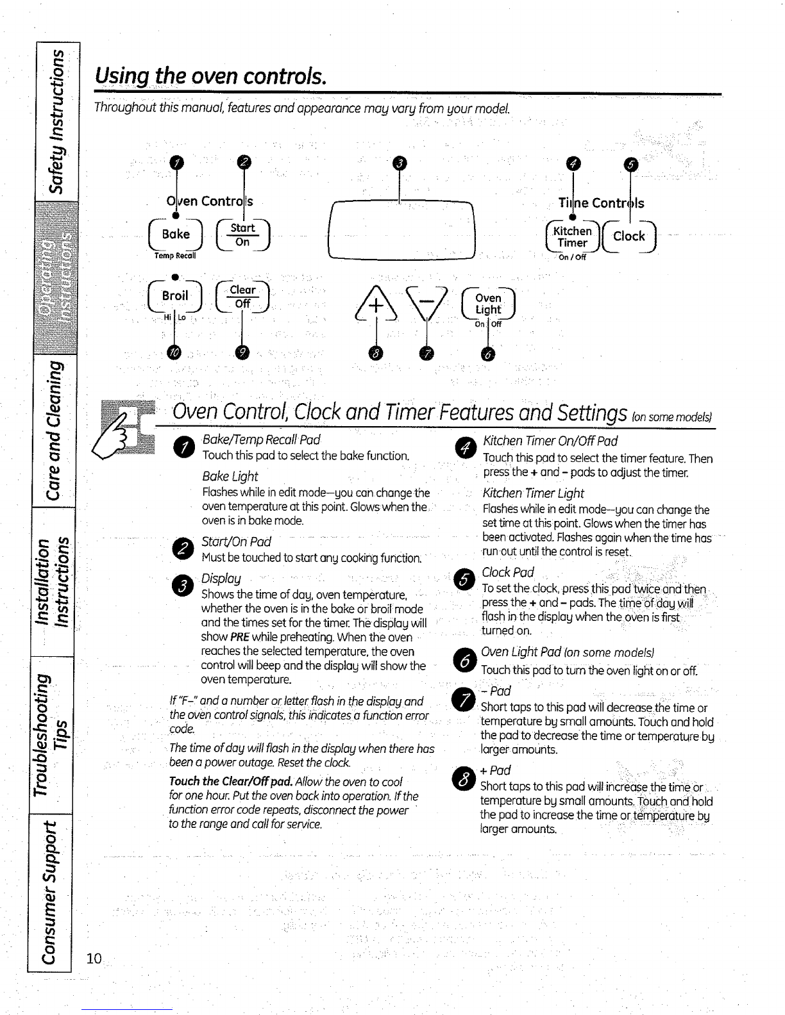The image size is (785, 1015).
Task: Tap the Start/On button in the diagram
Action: coord(243,235)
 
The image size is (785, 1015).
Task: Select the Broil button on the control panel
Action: coord(175,296)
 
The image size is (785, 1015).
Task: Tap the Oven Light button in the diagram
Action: coord(488,304)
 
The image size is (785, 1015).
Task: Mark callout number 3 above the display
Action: coord(400,163)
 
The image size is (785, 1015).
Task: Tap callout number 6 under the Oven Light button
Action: coord(488,354)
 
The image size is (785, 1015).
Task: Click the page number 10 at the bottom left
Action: coord(94,958)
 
